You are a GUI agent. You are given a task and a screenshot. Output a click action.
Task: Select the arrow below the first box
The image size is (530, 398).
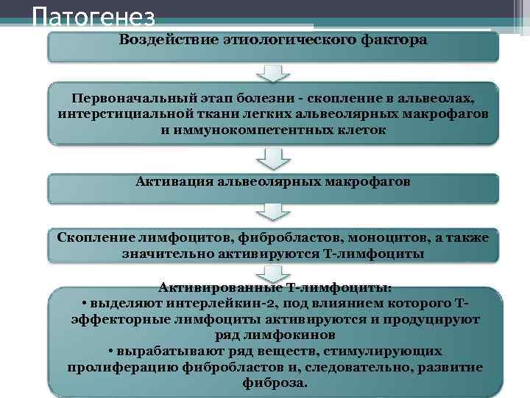[x=273, y=73]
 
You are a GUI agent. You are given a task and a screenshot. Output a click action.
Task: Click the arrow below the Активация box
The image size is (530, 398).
[x=273, y=212]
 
